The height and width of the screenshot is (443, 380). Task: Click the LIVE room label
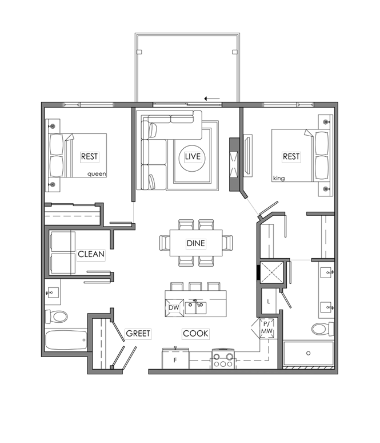pos(193,156)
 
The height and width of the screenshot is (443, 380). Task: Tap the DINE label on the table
pos(196,243)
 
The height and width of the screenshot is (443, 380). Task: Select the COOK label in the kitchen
pos(195,333)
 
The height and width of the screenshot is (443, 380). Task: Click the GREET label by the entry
pos(138,333)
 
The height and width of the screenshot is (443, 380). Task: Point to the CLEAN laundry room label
pos(91,254)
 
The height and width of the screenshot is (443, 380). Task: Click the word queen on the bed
pos(97,174)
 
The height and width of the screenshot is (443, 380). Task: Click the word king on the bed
pos(279,178)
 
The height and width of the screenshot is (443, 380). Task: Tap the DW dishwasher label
pos(174,307)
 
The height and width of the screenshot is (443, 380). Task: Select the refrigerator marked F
pos(175,359)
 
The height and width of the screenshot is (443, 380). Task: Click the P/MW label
pos(267,328)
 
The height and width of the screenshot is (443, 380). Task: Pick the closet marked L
pos(268,301)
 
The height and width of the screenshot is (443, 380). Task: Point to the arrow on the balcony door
pos(212,98)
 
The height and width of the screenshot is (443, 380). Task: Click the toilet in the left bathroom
pos(57,316)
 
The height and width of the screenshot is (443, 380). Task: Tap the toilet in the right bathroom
pos(323,329)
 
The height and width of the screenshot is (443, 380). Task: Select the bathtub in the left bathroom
pos(66,340)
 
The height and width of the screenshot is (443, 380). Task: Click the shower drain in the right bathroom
pos(309,353)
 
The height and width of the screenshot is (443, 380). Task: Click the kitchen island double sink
pos(195,308)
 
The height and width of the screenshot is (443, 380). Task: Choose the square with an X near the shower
pos(271,272)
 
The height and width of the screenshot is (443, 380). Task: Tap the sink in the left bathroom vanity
pos(52,292)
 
